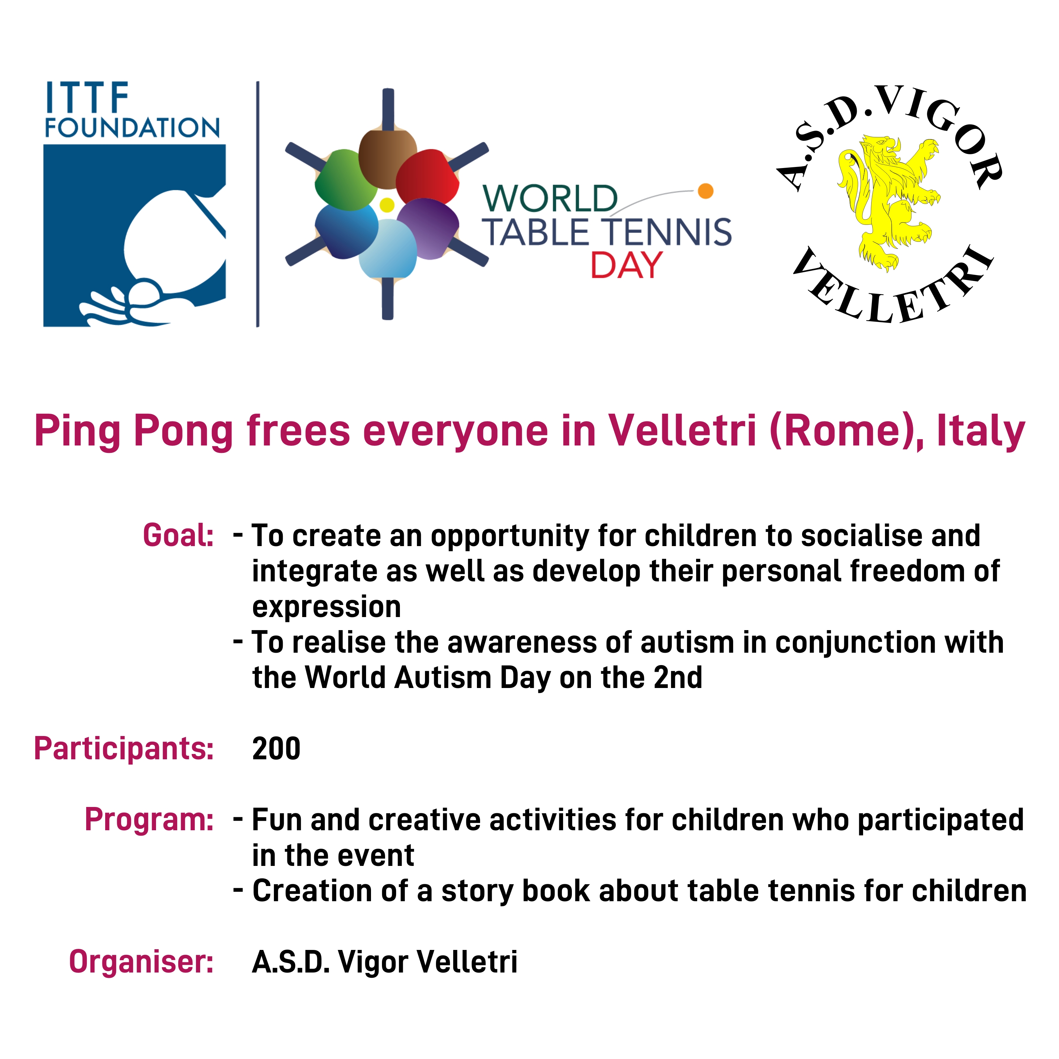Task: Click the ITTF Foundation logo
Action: point(134,204)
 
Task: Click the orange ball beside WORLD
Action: point(705,191)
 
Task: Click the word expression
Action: point(327,607)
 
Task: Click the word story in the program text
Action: point(476,891)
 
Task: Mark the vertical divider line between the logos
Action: point(258,204)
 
